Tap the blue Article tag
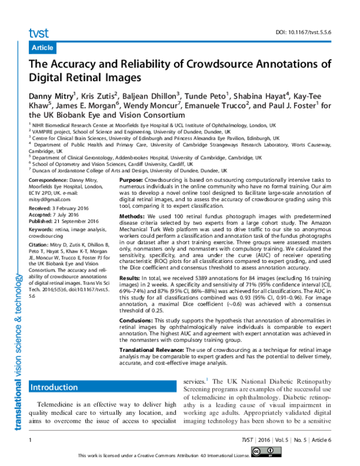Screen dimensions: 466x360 pyautogui.click(x=42, y=47)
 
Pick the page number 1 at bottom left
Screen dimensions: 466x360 pyautogui.click(x=30, y=440)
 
